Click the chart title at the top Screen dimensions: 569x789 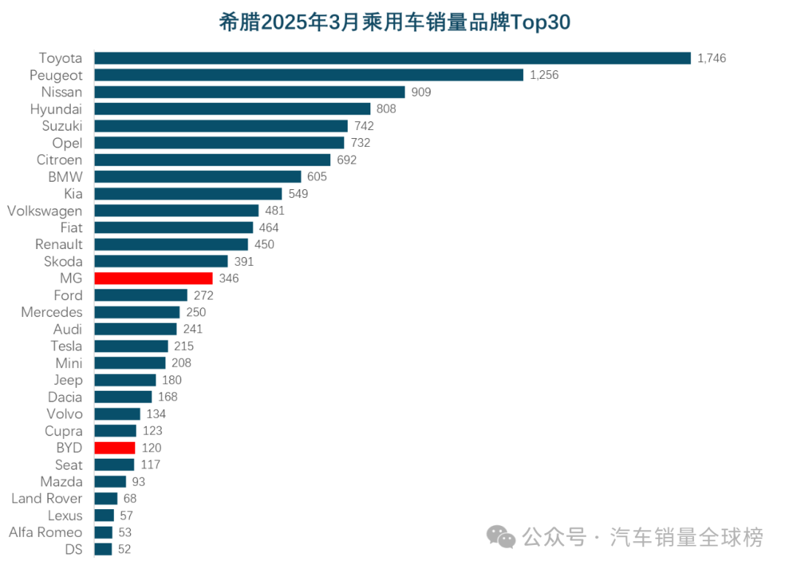point(394,22)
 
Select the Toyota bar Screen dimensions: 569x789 point(392,58)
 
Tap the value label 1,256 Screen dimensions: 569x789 point(544,75)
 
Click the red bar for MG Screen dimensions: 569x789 point(153,278)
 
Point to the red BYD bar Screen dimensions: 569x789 point(115,448)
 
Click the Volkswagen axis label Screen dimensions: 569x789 point(45,210)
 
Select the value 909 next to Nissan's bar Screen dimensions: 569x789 point(421,92)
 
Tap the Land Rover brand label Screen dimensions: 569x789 point(47,498)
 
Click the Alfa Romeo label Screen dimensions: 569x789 point(45,532)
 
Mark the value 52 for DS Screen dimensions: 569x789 point(124,549)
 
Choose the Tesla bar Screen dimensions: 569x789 point(131,346)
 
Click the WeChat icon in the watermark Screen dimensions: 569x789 point(501,538)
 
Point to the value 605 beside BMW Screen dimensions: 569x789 point(317,177)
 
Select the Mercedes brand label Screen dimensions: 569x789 point(51,312)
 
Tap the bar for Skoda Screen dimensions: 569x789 point(161,261)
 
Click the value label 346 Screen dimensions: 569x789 point(229,278)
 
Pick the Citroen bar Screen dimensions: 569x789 point(212,160)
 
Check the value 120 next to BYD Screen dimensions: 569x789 point(151,448)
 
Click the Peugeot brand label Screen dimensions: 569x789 point(56,75)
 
